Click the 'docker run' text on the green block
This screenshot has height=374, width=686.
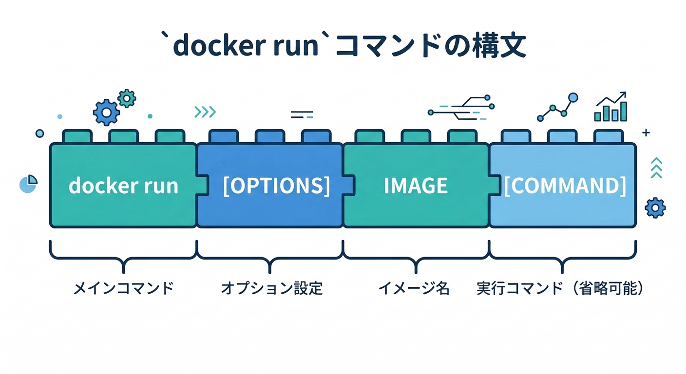pos(123,186)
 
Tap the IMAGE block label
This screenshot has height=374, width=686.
pos(416,186)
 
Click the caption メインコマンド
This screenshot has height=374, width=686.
pos(123,289)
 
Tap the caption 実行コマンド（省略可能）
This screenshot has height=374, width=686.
pos(560,289)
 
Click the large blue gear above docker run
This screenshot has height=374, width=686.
pos(106,112)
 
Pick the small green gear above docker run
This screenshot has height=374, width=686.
pos(127,98)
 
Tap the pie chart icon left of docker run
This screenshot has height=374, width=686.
pos(28,184)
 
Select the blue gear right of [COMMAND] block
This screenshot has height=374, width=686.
pos(655,207)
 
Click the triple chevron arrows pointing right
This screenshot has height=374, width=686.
pos(205,112)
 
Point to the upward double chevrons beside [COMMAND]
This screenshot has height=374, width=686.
pos(656,168)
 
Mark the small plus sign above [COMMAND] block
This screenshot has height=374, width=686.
pos(646,132)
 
